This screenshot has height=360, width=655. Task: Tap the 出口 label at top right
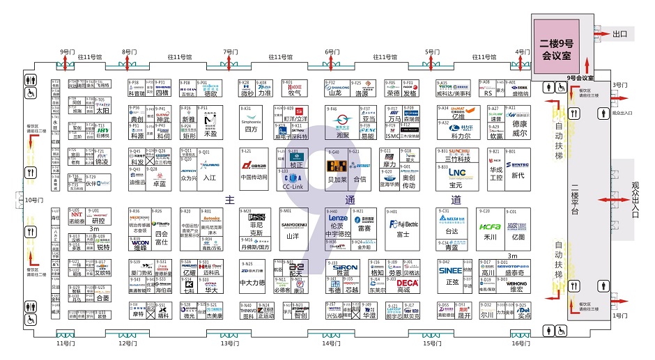click(x=620, y=33)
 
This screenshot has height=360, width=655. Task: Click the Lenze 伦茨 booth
click(x=338, y=221)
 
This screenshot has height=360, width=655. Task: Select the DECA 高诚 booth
click(x=404, y=285)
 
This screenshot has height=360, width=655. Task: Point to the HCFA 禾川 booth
click(x=491, y=230)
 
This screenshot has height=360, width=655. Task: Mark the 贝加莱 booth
click(x=338, y=171)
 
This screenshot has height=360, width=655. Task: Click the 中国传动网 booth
click(x=255, y=171)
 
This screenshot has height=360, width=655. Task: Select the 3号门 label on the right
click(x=619, y=85)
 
